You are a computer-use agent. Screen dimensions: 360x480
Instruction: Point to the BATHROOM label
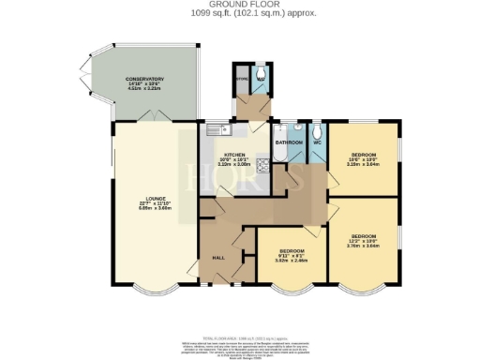pos(289,142)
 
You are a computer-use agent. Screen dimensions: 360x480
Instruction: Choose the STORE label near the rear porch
pos(241,79)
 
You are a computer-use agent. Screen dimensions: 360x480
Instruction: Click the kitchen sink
pos(215,128)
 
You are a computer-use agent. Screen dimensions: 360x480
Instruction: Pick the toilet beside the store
pos(261,72)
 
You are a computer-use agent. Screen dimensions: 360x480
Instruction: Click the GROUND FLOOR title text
pos(239,5)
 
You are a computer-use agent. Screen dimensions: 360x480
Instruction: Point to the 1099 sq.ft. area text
pos(239,13)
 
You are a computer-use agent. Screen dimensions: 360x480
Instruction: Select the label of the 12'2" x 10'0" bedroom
pos(364,237)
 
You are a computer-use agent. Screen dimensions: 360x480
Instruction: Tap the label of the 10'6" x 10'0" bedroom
pos(364,156)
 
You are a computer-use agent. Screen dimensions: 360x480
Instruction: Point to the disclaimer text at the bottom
pos(239,349)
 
